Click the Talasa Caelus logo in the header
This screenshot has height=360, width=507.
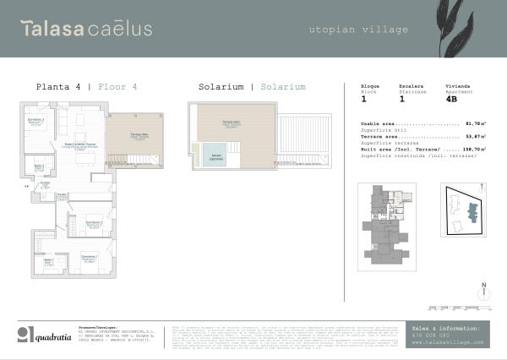86,29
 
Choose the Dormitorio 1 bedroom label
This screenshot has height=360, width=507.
88,259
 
